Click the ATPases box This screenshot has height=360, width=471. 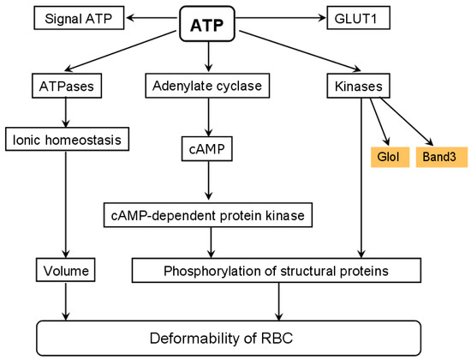pos(65,87)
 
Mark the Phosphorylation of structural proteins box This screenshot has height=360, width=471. pos(277,272)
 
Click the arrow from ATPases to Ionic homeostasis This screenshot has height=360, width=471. pos(65,111)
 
